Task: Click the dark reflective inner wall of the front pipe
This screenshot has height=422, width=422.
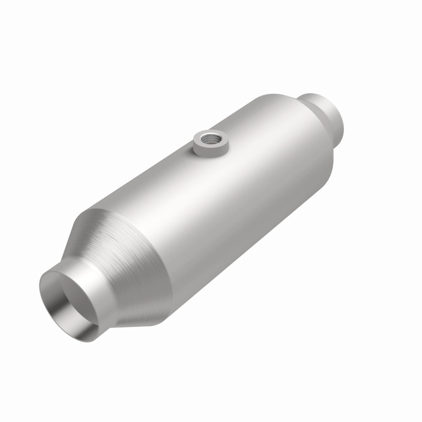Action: [x=79, y=311]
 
